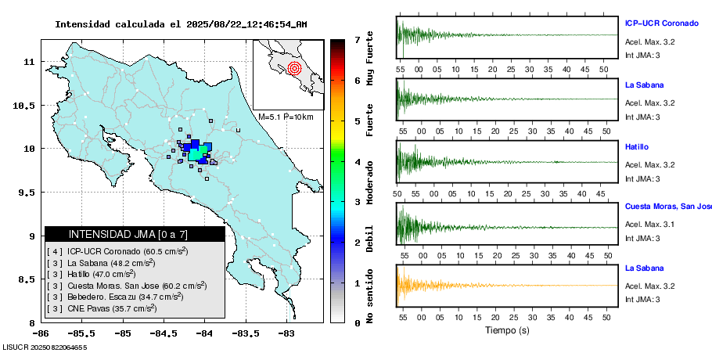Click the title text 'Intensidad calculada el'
pyautogui.click(x=118, y=24)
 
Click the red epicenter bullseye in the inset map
pyautogui.click(x=294, y=68)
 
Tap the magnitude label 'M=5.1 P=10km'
pyautogui.click(x=286, y=117)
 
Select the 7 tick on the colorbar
pyautogui.click(x=357, y=39)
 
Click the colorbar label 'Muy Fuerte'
pyautogui.click(x=370, y=70)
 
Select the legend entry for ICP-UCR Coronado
pyautogui.click(x=117, y=251)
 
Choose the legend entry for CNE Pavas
pyautogui.click(x=102, y=308)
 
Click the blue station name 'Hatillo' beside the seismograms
pyautogui.click(x=638, y=147)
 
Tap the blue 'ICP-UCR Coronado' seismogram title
pyautogui.click(x=661, y=23)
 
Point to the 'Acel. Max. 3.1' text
pyautogui.click(x=649, y=225)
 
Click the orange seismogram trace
pyautogui.click(x=469, y=284)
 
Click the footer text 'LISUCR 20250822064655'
pyautogui.click(x=45, y=346)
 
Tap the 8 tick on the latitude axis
pyautogui.click(x=30, y=322)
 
